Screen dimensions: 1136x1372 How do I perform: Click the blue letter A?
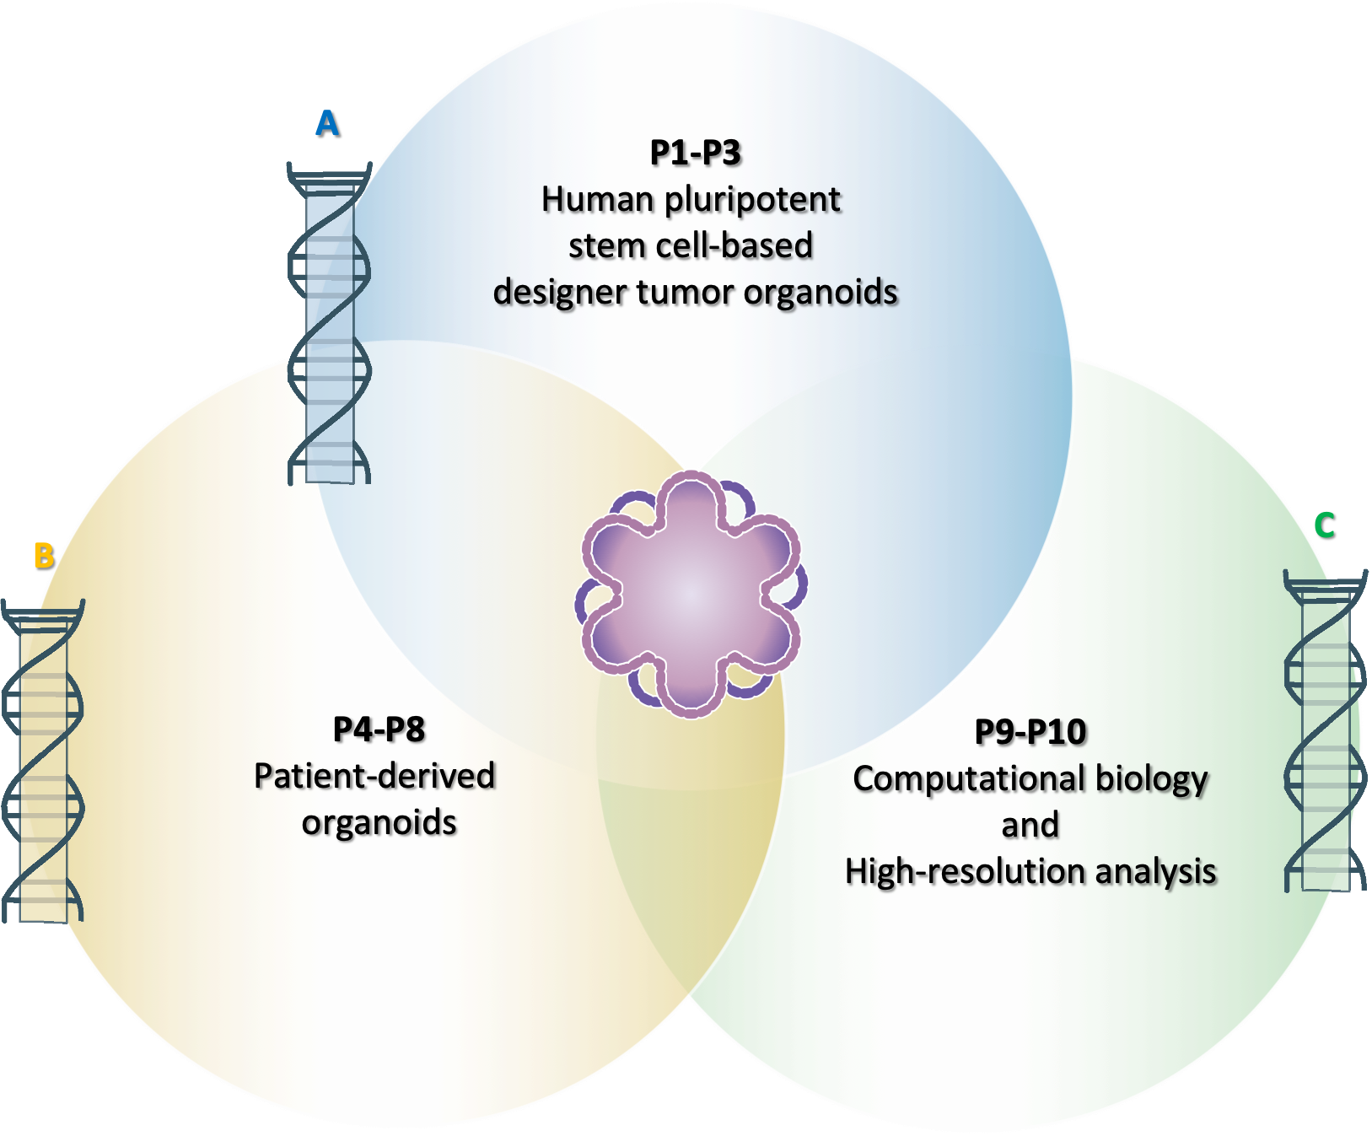tap(326, 124)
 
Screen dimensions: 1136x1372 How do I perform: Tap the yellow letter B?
tap(43, 556)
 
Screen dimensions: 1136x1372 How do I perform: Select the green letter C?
tap(1324, 525)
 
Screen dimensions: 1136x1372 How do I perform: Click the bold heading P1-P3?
tap(696, 153)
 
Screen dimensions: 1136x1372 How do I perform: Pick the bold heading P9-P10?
tap(1030, 733)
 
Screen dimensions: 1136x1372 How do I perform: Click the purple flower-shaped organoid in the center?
tap(691, 595)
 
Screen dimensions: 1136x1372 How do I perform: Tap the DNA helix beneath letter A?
tap(329, 325)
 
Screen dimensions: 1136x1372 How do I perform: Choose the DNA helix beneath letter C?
tap(1325, 731)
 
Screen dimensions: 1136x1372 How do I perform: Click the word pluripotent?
tap(752, 201)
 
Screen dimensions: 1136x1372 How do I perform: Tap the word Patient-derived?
tap(374, 777)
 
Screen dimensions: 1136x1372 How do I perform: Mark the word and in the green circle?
tap(1030, 826)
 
